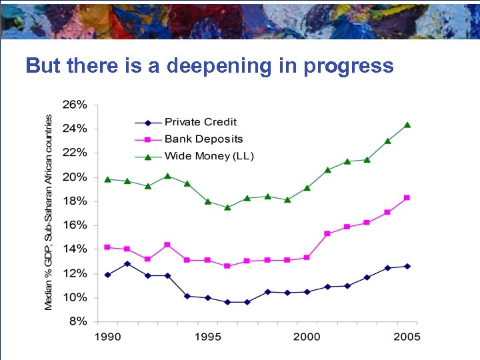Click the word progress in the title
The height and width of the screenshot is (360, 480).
(347, 67)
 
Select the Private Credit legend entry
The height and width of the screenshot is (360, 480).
(200, 122)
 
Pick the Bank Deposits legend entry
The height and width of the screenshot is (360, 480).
(203, 139)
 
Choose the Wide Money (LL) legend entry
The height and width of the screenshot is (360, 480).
(209, 157)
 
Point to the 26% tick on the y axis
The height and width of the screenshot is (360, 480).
(75, 105)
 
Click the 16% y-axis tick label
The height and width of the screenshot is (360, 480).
(75, 225)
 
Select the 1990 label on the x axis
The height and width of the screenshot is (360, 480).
(107, 337)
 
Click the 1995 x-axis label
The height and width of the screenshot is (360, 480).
(207, 337)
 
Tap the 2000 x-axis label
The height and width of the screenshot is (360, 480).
(307, 337)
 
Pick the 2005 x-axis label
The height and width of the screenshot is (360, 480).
(407, 337)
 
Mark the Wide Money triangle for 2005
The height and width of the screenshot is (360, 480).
(407, 125)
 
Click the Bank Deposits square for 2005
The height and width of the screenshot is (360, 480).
(407, 198)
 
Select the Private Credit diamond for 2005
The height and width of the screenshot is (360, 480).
(407, 266)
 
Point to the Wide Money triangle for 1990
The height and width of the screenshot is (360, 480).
(107, 179)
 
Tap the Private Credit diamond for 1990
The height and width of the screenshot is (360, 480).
(107, 275)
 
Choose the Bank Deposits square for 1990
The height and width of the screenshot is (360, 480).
(107, 247)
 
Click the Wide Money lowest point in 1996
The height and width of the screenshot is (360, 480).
(227, 207)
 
